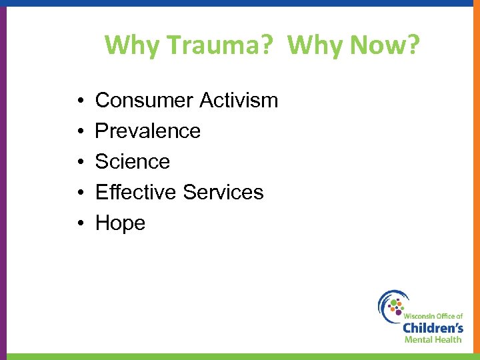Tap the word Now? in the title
(387, 45)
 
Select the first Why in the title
(133, 45)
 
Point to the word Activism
(239, 101)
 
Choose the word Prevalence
(147, 131)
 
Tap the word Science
(133, 162)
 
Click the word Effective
(136, 193)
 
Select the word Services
(223, 193)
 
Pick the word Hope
(120, 223)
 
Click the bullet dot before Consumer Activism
(79, 101)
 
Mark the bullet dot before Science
(79, 163)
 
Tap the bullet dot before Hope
(79, 224)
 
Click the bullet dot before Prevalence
(79, 132)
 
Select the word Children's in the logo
(433, 327)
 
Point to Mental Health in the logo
(433, 339)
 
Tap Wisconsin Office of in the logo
(433, 314)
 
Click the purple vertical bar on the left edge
(3, 180)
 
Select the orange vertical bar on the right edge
(477, 180)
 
